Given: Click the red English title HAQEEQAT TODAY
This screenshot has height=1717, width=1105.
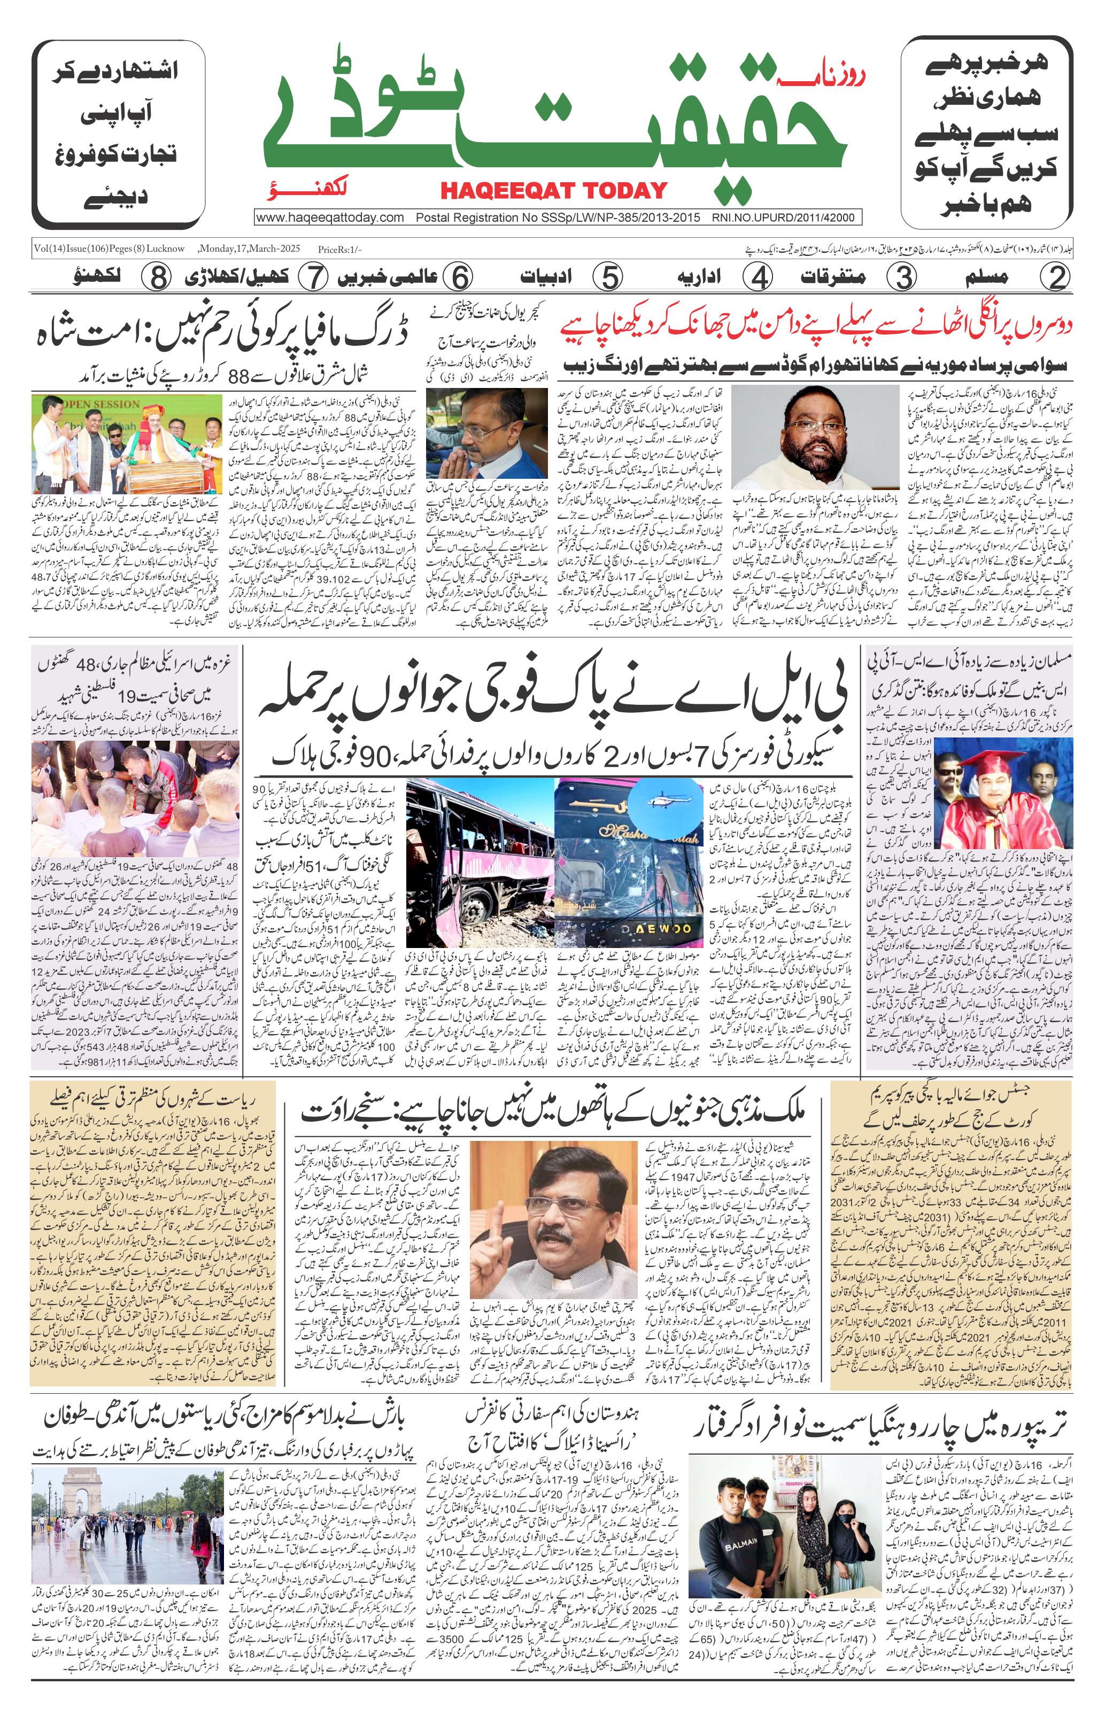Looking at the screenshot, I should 554,190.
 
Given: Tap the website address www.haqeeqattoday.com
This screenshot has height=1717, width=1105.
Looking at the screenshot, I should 330,218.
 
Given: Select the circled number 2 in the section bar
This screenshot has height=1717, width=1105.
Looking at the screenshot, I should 1054,277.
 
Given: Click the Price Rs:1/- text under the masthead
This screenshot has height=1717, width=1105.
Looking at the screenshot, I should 340,250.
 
